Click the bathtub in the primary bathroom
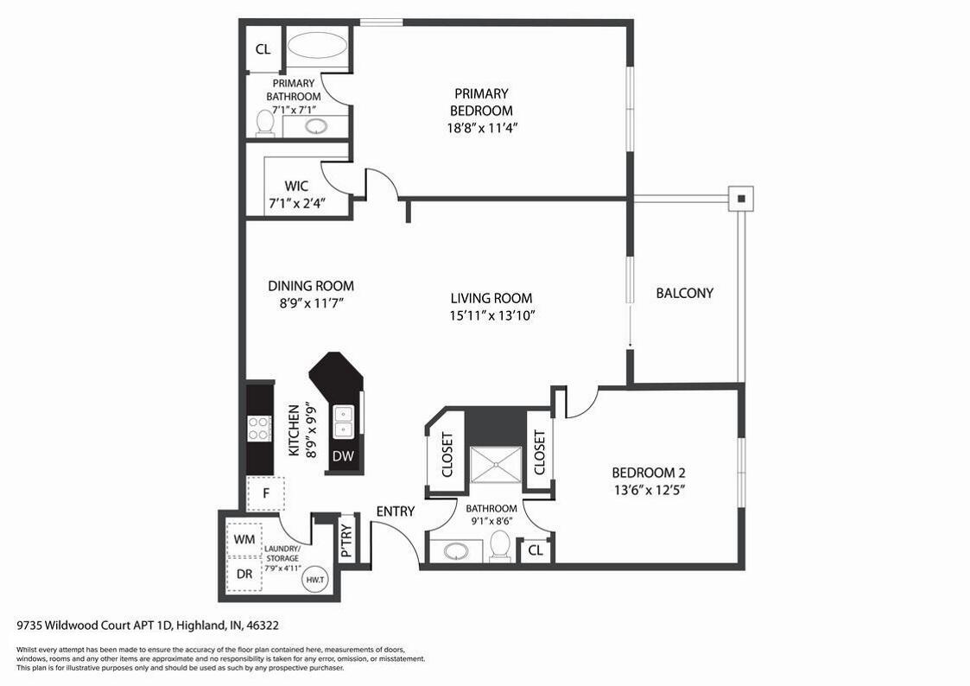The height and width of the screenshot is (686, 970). pos(318,47)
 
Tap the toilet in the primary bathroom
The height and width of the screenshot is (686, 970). pos(265,123)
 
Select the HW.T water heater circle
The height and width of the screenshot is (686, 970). pos(314,581)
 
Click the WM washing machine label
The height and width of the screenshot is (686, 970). pos(244,539)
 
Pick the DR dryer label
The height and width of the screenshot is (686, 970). pos(244,574)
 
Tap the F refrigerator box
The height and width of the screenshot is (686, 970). pos(266,493)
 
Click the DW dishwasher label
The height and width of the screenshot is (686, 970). pos(343,456)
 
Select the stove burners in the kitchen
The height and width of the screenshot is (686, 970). pos(260,429)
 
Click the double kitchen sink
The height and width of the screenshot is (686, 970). pos(343,422)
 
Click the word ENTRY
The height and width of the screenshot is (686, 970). pos(396,511)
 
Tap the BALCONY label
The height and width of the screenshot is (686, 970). pos(685,293)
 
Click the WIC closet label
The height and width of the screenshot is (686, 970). pos(296,186)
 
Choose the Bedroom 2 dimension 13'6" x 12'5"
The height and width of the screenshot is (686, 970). pos(649,491)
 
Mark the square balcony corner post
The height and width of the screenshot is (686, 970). pos(741,199)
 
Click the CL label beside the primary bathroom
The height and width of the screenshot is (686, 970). pos(263,49)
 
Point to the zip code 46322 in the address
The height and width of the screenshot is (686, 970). pos(263,626)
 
